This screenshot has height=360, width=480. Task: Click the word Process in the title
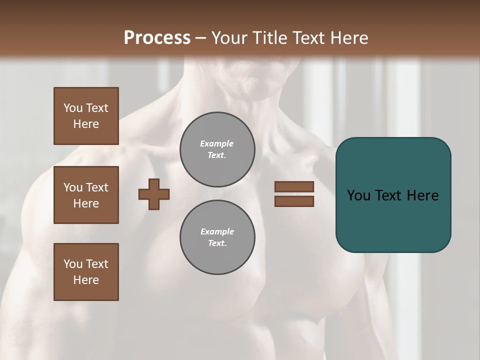(157, 38)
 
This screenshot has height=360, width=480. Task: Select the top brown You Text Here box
(86, 116)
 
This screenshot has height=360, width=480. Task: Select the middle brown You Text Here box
(86, 195)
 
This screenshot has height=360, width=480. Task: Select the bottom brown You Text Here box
(86, 271)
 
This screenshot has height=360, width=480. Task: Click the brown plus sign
(154, 194)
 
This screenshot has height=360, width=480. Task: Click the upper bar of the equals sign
(294, 186)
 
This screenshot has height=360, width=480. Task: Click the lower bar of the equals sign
(294, 201)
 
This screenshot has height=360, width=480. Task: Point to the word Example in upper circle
(217, 143)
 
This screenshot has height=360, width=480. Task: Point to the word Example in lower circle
(217, 231)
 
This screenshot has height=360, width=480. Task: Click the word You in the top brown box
(73, 108)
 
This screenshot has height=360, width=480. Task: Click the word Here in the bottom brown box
(86, 280)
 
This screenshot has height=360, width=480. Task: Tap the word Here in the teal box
(423, 195)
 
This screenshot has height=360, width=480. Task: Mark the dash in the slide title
(201, 38)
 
